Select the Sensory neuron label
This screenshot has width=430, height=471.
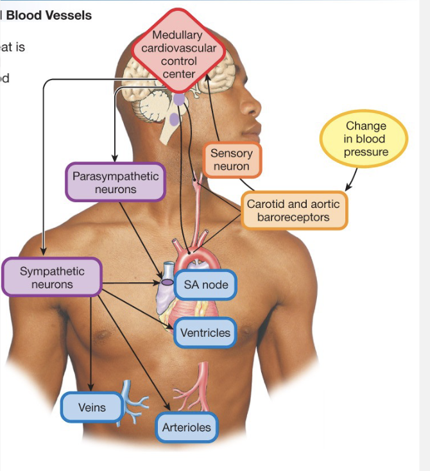(x=232, y=160)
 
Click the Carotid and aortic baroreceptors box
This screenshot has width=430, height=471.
(x=294, y=210)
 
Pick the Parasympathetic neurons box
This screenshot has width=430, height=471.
(x=116, y=182)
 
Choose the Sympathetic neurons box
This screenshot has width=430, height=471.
(x=51, y=277)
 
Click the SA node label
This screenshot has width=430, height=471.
(x=205, y=285)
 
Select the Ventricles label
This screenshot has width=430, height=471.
(x=205, y=333)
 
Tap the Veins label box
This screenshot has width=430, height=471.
(x=92, y=407)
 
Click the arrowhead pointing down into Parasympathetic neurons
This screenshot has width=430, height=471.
(x=115, y=157)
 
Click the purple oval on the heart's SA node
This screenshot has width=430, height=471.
(x=166, y=282)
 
